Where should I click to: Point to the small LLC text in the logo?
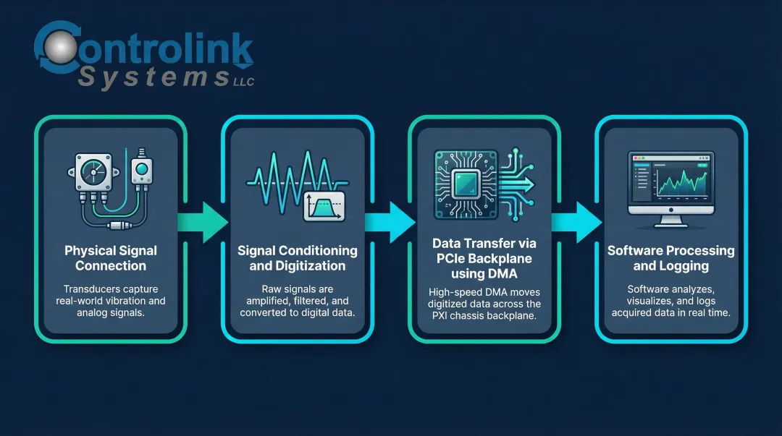pyautogui.click(x=244, y=82)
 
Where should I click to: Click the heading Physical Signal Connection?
pyautogui.click(x=111, y=258)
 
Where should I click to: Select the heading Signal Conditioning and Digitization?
pyautogui.click(x=298, y=258)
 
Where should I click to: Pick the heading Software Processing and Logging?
pyautogui.click(x=670, y=258)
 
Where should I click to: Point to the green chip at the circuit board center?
pyautogui.click(x=464, y=184)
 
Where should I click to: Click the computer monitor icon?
pyautogui.click(x=670, y=184)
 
